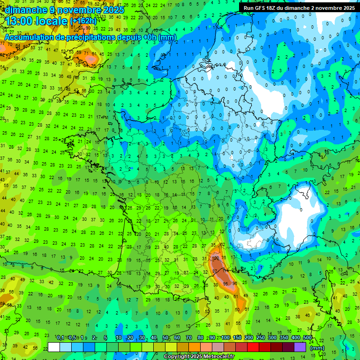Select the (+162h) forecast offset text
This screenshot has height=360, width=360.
click(x=83, y=21)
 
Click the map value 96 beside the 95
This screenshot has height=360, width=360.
click(x=235, y=284)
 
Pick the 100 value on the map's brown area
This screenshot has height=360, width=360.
click(x=216, y=258)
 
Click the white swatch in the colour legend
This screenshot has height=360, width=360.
click(x=54, y=347)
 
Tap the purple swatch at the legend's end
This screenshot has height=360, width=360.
click(x=300, y=347)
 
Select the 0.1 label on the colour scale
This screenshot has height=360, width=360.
click(x=60, y=338)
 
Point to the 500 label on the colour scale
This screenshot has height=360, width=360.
click(x=307, y=338)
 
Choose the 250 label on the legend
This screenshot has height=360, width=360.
click(x=260, y=338)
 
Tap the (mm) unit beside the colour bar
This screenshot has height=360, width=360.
click(x=317, y=348)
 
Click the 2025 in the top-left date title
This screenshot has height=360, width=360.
click(x=112, y=10)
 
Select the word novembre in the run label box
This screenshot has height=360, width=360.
click(x=326, y=7)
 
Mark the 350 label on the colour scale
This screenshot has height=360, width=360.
click(x=284, y=338)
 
